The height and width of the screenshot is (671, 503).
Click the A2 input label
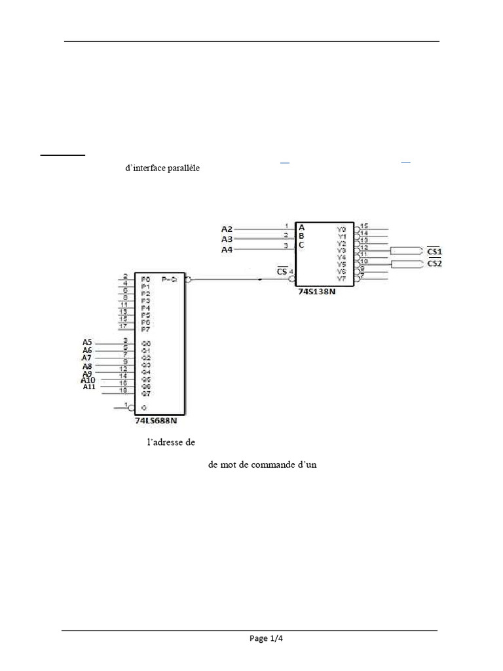[227, 229]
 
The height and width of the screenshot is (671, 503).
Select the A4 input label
[227, 250]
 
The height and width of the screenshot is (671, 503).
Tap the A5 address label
[87, 342]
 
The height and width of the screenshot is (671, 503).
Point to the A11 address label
[89, 387]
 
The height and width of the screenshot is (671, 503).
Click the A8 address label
[87, 366]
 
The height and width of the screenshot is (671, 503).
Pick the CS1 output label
[434, 252]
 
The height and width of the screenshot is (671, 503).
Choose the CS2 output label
[434, 263]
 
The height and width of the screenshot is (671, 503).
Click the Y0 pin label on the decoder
[341, 229]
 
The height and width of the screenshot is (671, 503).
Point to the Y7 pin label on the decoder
[341, 279]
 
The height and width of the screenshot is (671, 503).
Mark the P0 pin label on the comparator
[145, 279]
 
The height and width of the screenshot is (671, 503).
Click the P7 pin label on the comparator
[145, 329]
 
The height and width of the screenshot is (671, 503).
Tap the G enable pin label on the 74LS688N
[143, 408]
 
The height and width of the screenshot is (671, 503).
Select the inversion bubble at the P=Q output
[188, 280]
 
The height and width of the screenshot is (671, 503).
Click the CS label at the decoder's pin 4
[282, 271]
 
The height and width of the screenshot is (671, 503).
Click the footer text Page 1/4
[266, 639]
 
